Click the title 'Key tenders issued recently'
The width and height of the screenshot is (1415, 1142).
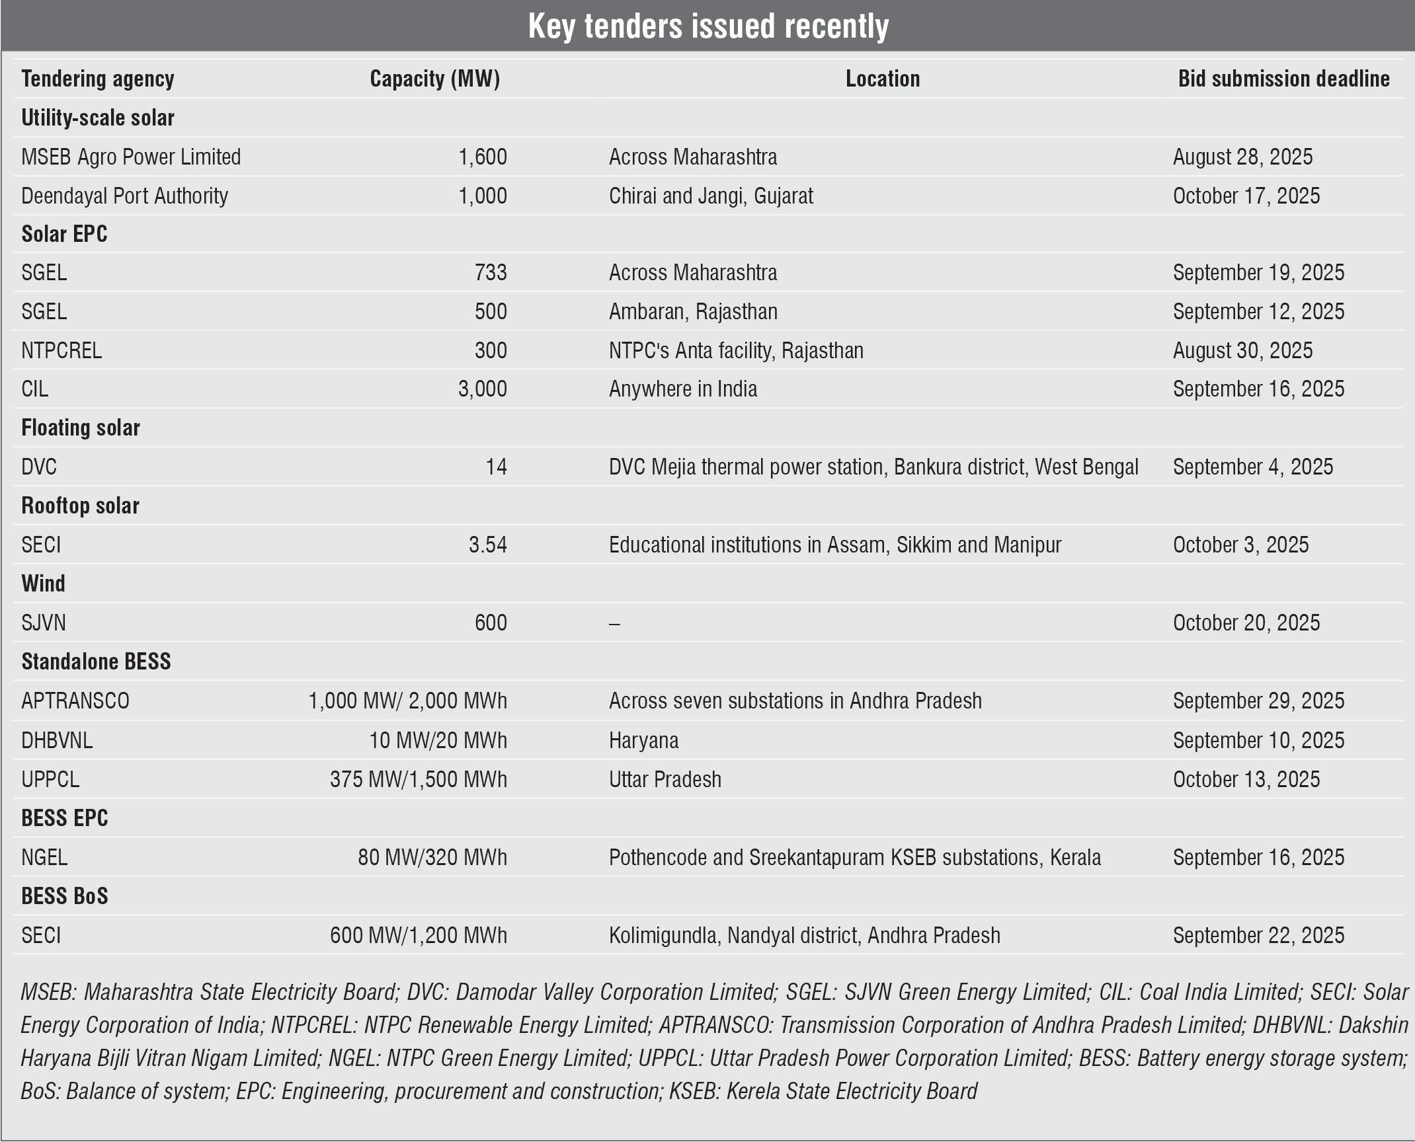tap(708, 26)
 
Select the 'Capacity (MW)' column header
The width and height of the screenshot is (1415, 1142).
tap(434, 79)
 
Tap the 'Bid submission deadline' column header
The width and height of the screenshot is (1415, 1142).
tap(1283, 79)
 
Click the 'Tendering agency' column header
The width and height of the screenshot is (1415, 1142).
tap(98, 79)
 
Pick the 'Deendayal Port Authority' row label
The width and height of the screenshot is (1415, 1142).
tap(124, 196)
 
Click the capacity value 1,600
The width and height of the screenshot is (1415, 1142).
tap(483, 157)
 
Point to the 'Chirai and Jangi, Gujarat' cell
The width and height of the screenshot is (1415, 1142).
tap(711, 196)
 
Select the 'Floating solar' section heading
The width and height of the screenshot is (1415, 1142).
tap(81, 428)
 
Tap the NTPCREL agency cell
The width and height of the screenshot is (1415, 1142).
tap(61, 350)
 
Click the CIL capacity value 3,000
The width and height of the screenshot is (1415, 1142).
tap(483, 389)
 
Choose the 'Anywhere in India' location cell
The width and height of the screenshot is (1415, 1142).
tap(683, 389)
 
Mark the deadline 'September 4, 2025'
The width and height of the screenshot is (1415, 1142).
tap(1253, 467)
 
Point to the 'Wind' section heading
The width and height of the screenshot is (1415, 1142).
tap(44, 584)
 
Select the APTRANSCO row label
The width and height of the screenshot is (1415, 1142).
tap(75, 701)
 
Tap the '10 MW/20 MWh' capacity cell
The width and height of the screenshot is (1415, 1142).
tap(438, 740)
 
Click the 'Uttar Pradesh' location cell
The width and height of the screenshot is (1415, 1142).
tap(665, 779)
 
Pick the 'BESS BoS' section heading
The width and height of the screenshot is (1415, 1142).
tap(65, 896)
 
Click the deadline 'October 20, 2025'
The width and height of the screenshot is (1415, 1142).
tap(1246, 623)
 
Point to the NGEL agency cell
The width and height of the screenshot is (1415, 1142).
tap(44, 857)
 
